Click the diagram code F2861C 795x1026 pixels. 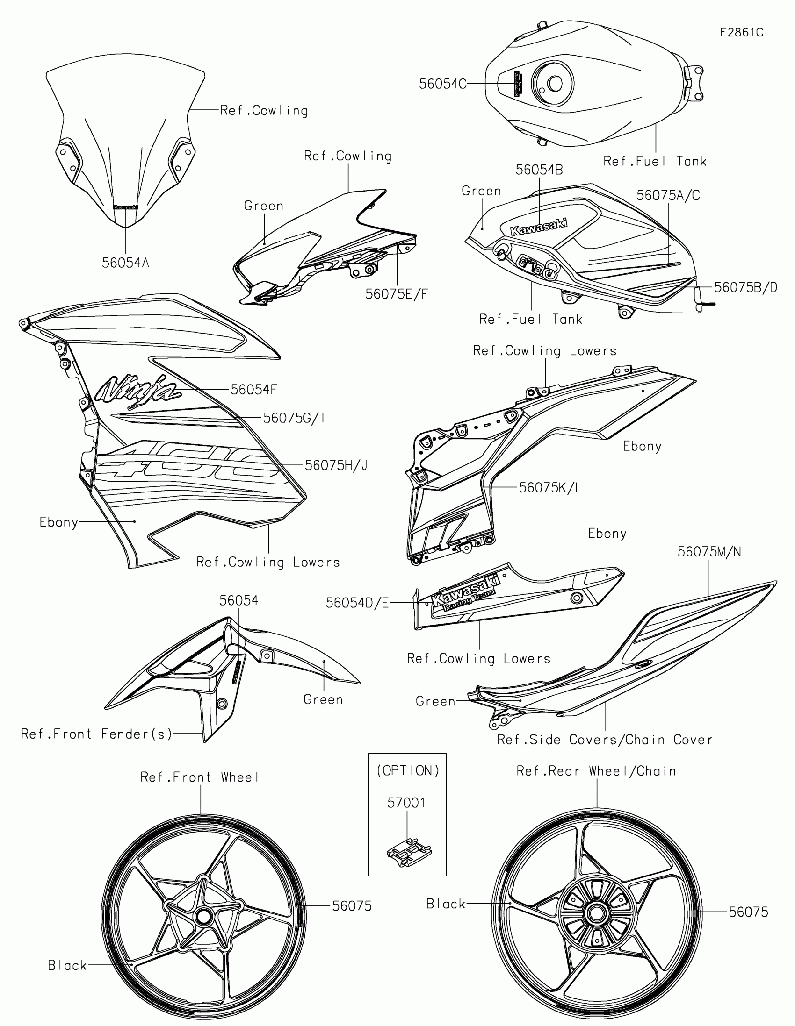tap(741, 32)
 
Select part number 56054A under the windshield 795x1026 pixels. tap(125, 263)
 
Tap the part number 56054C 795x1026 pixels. tap(442, 84)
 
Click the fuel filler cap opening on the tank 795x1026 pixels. tap(555, 84)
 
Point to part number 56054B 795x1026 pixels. tap(539, 170)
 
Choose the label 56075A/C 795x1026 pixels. tap(668, 195)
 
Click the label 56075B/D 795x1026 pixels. tap(745, 287)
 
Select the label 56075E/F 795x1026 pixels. tap(396, 294)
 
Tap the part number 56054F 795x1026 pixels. tap(253, 390)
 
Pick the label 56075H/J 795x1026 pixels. tap(336, 465)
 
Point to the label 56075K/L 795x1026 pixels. tap(550, 488)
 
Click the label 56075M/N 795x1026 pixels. tap(709, 551)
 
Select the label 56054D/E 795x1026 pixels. tap(357, 603)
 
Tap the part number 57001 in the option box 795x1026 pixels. tap(406, 803)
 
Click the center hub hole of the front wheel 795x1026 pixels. tap(204, 916)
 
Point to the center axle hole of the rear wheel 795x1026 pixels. tap(596, 913)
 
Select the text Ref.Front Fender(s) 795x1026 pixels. tap(97, 734)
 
